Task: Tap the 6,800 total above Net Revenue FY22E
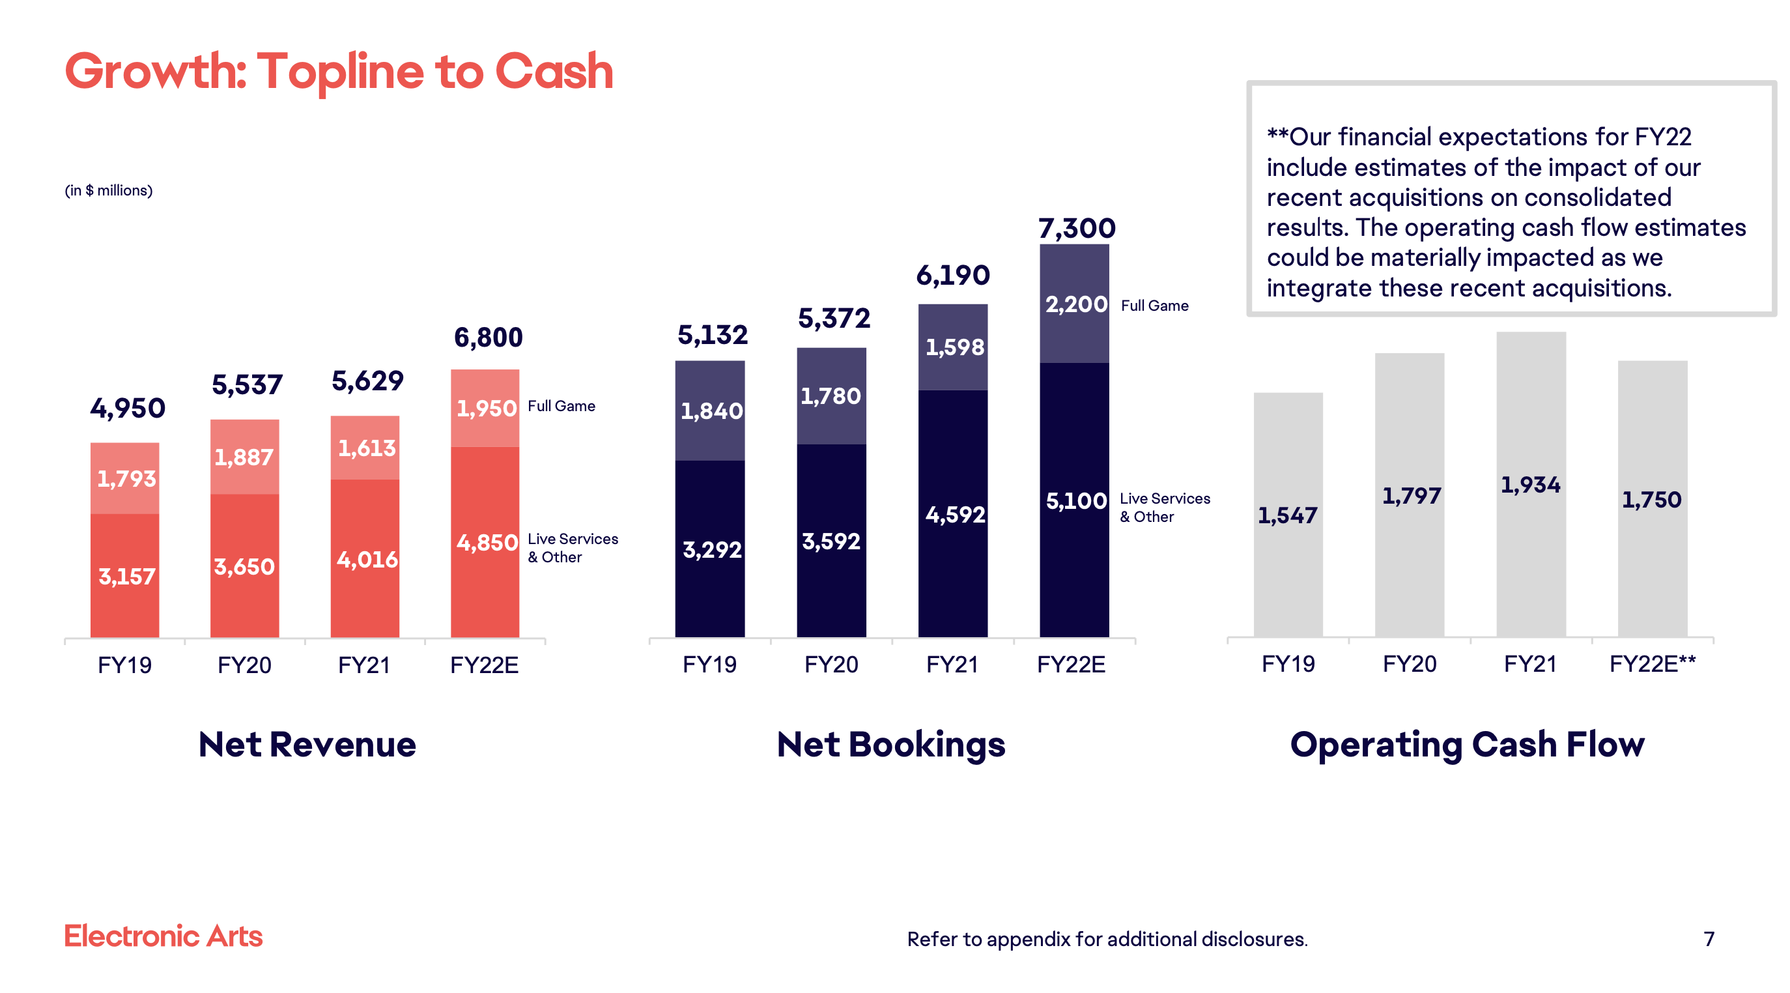pos(488,338)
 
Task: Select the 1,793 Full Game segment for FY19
pos(126,478)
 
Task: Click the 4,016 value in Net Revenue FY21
pos(366,560)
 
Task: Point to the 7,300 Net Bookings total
pos(1075,228)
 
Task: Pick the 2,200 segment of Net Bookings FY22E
pos(1075,304)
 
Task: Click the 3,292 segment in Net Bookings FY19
pos(711,550)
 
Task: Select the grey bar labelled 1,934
pos(1530,484)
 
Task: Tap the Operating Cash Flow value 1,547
pos(1287,515)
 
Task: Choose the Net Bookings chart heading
pos(890,744)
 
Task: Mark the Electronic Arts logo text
pos(163,936)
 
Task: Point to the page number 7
pos(1708,939)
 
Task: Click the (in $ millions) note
pos(108,190)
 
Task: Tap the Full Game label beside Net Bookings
pos(1154,306)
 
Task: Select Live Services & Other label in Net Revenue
pos(572,547)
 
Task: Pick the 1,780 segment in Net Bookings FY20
pos(831,396)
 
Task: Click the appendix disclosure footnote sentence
pos(1106,939)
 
